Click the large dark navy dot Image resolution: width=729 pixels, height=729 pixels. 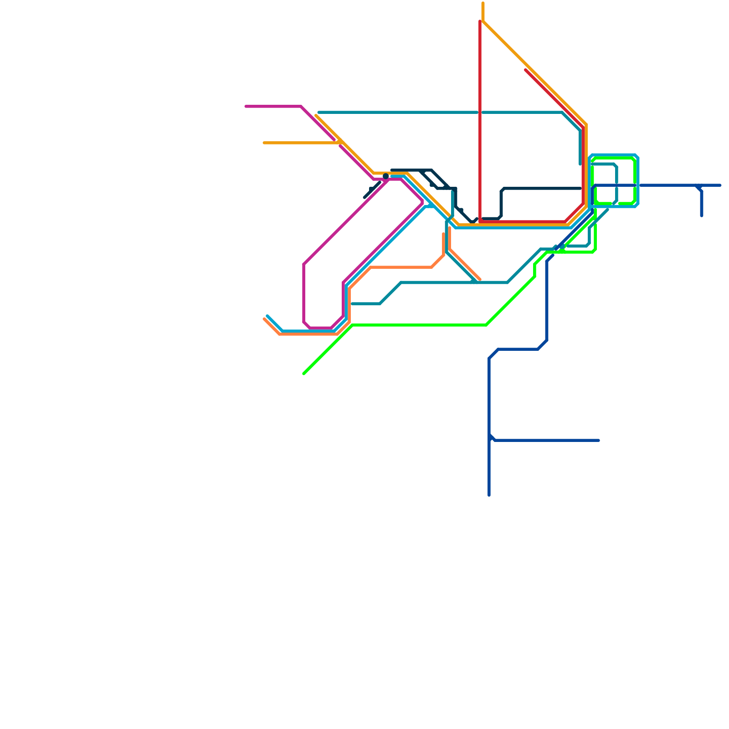386,176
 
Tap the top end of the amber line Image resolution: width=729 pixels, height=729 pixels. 483,4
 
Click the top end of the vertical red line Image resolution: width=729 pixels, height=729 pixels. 480,21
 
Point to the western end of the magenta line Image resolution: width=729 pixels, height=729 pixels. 246,107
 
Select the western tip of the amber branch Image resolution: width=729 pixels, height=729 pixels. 264,143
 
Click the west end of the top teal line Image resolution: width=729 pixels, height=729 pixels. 319,113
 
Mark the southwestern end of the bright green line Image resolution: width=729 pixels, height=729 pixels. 304,374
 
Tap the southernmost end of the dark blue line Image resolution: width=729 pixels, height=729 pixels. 489,495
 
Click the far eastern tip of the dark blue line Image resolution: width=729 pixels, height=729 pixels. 720,185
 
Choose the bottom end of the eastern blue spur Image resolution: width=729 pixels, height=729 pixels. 702,216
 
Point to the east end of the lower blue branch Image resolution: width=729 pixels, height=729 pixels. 599,441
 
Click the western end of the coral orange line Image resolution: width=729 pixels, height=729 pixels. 264,319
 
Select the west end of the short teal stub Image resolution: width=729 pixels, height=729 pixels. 352,304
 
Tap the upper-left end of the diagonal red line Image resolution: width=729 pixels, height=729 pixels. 526,70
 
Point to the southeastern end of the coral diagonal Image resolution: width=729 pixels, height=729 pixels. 480,280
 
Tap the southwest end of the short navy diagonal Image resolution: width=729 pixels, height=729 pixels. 365,197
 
